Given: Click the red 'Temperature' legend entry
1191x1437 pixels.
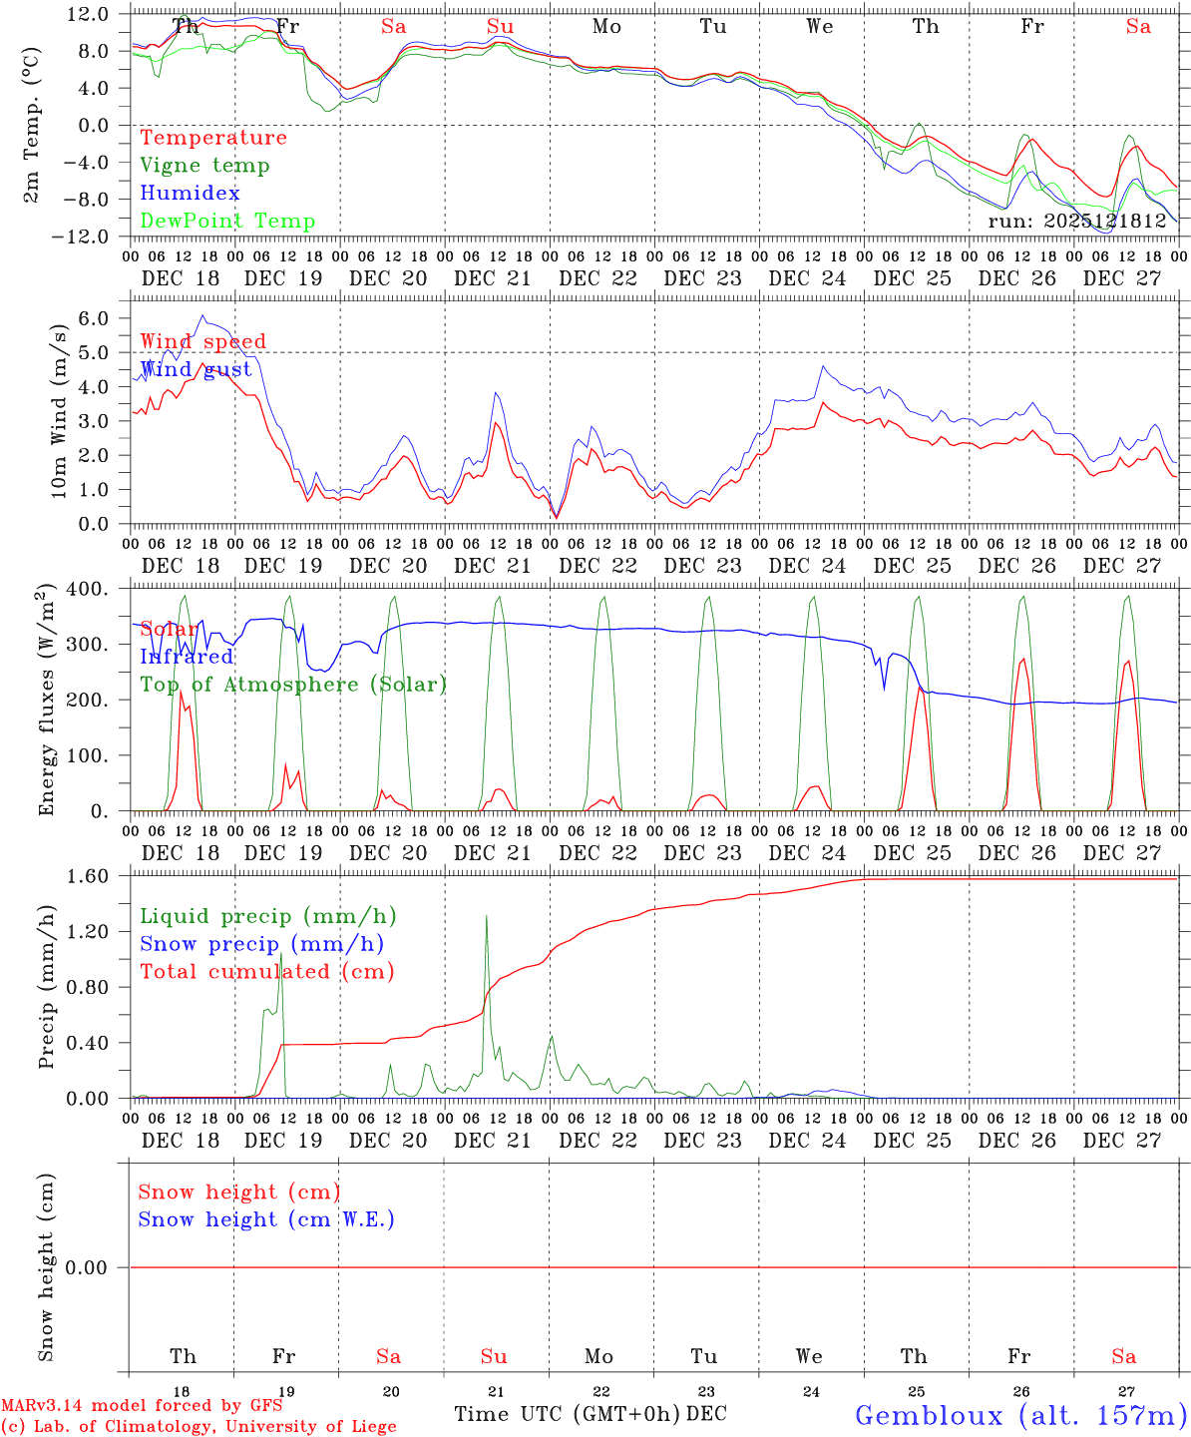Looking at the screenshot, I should pos(212,138).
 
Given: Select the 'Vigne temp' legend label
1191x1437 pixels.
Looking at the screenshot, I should pos(204,166).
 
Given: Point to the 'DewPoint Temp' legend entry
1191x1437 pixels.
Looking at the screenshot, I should pos(227,222).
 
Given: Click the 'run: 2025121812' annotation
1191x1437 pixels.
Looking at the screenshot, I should pos(1076,222).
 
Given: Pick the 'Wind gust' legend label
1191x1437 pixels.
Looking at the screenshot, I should pos(196,369).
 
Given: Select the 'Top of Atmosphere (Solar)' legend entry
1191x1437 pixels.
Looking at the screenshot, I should pos(292,685).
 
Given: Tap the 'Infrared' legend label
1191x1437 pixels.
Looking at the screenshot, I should pos(187,657).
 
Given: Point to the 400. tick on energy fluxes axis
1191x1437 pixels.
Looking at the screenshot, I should pos(89,589).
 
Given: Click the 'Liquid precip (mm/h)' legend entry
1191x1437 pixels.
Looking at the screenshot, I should pos(267,916).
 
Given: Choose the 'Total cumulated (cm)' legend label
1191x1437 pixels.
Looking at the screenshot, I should pos(266,972).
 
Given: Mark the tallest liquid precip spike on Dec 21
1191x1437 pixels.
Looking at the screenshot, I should pos(486,916).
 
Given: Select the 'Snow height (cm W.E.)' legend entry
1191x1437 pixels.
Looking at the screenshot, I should pos(265,1219).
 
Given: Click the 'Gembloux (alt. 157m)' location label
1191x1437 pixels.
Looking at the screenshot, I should pos(1020,1415).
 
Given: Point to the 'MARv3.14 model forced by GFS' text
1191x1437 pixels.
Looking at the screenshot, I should pos(142,1406).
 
